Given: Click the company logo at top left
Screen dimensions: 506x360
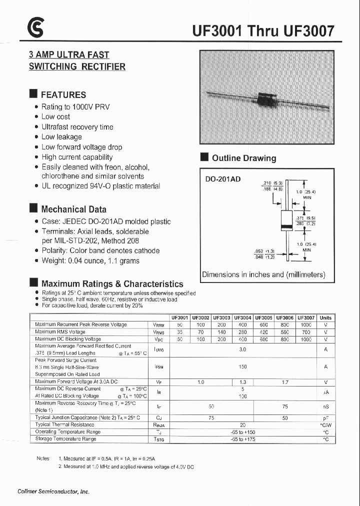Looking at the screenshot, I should pyautogui.click(x=35, y=30).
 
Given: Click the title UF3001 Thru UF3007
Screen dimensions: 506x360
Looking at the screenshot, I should pyautogui.click(x=263, y=31).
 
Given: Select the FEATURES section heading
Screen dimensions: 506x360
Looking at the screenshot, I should pyautogui.click(x=63, y=94).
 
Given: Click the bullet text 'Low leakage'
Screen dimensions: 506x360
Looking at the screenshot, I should pyautogui.click(x=61, y=137).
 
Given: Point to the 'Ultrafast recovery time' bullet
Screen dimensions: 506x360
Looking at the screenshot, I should pyautogui.click(x=77, y=127).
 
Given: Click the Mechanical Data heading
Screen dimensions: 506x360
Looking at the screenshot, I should pyautogui.click(x=73, y=209).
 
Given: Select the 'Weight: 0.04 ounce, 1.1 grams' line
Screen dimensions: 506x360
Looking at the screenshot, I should pyautogui.click(x=90, y=260).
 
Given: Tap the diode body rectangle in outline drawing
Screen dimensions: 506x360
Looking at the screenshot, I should pyautogui.click(x=286, y=220).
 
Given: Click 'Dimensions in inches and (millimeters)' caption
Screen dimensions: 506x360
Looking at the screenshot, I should pyautogui.click(x=263, y=274).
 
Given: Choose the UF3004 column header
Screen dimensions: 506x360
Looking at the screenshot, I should pyautogui.click(x=242, y=317).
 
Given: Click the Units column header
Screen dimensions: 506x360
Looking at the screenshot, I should pyautogui.click(x=325, y=317).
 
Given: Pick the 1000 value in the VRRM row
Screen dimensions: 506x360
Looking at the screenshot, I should pyautogui.click(x=305, y=324).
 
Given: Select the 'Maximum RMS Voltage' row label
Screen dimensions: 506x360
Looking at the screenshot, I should pyautogui.click(x=60, y=331).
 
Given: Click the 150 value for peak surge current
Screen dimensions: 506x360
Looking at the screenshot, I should pyautogui.click(x=242, y=367).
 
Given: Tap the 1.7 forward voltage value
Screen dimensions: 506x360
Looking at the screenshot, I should pyautogui.click(x=284, y=381).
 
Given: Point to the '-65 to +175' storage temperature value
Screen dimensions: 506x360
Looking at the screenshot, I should pyautogui.click(x=242, y=439).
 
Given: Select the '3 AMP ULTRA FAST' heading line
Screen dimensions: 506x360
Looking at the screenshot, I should pyautogui.click(x=69, y=55).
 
